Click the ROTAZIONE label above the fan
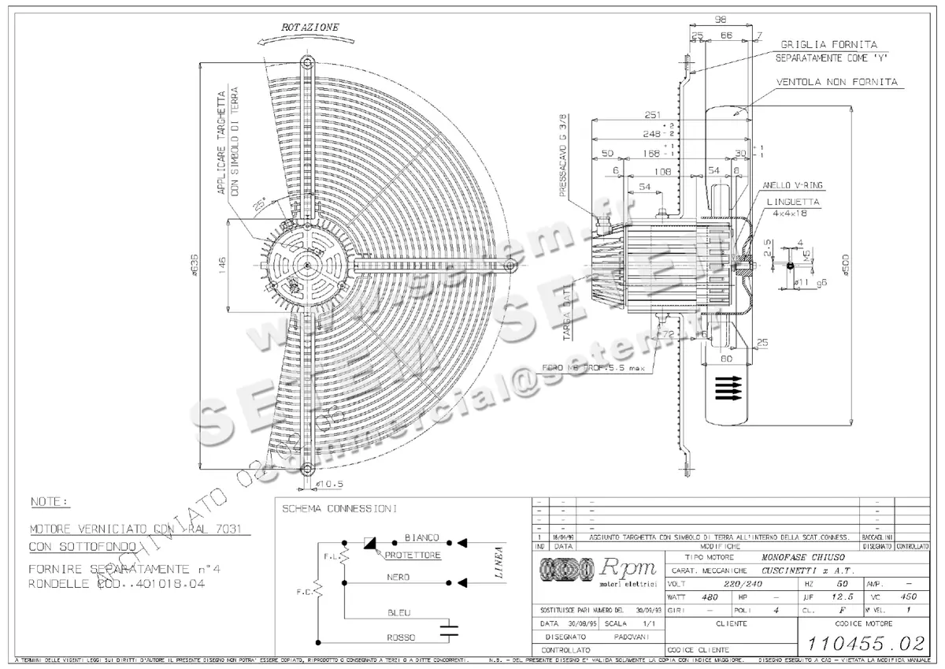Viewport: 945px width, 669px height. [311, 27]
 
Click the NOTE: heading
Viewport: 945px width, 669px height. [50, 501]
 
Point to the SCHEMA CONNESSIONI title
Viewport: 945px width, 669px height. [339, 509]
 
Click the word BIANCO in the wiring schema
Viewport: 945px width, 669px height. [422, 537]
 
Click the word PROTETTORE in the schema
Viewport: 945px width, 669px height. [413, 556]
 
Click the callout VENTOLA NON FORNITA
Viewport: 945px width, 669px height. [837, 82]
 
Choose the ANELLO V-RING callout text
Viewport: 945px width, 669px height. [793, 185]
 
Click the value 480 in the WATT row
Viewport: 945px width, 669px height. [710, 597]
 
